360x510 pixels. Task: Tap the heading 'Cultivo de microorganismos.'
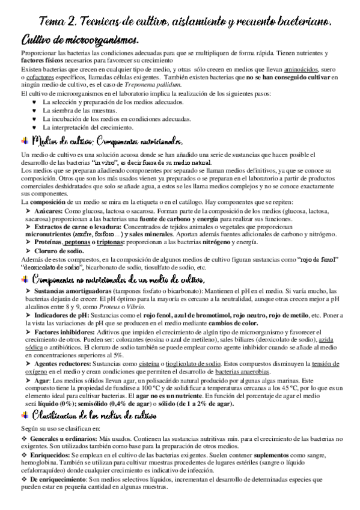click(x=80, y=40)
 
